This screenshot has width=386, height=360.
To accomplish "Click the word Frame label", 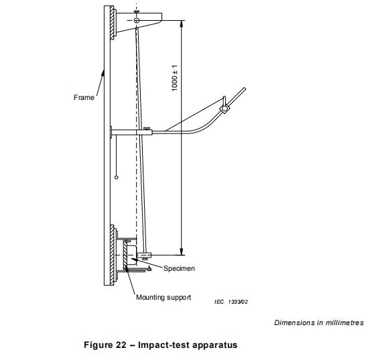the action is tap(84, 97).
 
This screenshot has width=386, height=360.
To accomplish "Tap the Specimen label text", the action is tap(179, 268).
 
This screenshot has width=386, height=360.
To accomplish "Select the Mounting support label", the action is tap(164, 297).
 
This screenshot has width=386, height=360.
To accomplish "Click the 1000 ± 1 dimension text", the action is tap(174, 78).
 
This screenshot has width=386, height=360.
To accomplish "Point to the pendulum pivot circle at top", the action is tap(137, 20).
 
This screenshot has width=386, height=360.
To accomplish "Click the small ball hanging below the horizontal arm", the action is tap(117, 177).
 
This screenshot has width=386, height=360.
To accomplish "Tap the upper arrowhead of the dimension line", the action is tap(182, 23).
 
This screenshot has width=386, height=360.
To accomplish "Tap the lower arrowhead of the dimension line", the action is tap(182, 252).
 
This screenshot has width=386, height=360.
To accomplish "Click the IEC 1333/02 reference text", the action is tap(231, 302).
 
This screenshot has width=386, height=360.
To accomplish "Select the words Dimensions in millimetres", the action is tap(319, 322).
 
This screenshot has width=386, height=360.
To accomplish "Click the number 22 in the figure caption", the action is tap(121, 345).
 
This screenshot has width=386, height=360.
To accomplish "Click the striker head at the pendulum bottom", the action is tap(145, 255).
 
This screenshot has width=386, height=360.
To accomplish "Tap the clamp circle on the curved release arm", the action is tap(224, 109).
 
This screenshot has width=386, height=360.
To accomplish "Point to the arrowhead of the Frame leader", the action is tap(103, 72).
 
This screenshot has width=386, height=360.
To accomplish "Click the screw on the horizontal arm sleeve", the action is tap(147, 128).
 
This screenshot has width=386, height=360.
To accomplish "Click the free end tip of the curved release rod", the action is tap(245, 88).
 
